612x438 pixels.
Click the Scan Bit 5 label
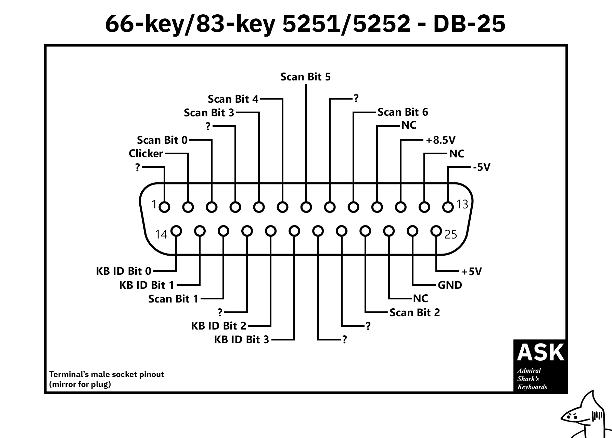point(305,77)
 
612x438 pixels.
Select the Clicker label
point(146,154)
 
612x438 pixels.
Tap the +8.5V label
point(441,140)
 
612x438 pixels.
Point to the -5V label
point(482,167)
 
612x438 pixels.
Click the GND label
point(450,285)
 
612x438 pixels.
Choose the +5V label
point(471,271)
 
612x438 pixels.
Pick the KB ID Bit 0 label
point(124,271)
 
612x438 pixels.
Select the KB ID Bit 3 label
point(242,339)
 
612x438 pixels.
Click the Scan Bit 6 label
point(403,112)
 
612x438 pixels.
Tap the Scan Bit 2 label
point(415,312)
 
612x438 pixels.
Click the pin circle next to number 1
point(165,207)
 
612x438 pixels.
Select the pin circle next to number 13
point(448,207)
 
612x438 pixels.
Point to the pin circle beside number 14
point(176,231)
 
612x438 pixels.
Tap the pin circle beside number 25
point(436,231)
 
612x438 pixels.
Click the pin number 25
point(451,234)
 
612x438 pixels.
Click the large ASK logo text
point(540,352)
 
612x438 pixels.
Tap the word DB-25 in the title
point(469,24)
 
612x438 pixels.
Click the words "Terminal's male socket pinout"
point(106,374)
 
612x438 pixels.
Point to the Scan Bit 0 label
point(162,140)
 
